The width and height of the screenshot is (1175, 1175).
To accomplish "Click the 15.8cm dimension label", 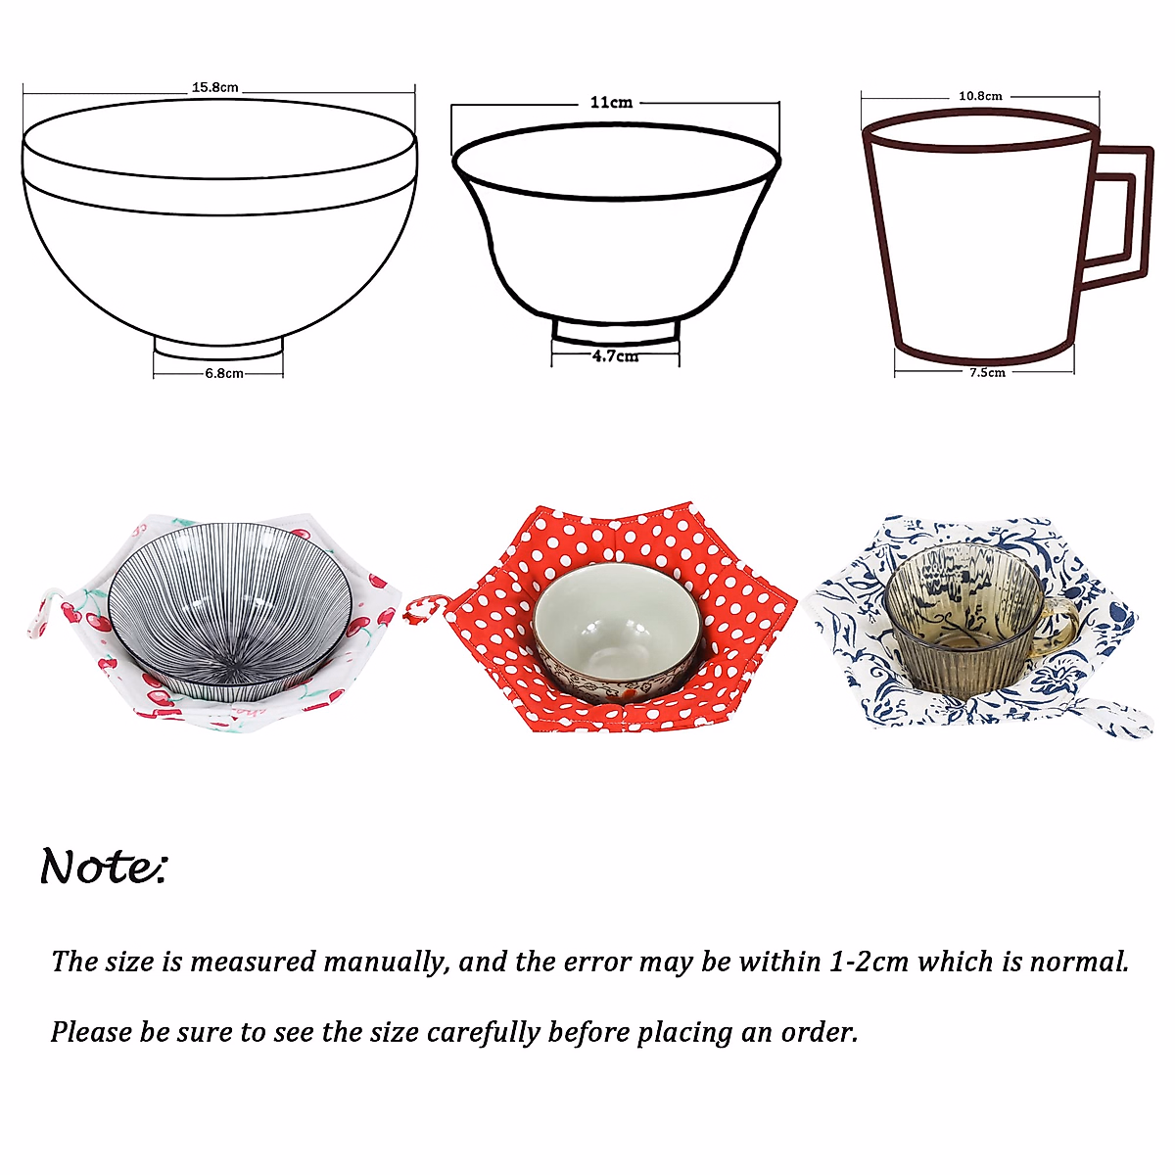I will click(214, 87).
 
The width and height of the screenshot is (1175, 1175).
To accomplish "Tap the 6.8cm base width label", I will click(223, 373).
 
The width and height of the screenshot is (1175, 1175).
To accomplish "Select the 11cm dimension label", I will click(611, 102).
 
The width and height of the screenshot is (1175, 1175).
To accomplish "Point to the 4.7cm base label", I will click(615, 356).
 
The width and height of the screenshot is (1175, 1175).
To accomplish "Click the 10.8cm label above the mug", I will click(980, 96).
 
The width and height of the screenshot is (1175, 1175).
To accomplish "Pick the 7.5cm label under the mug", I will click(987, 372).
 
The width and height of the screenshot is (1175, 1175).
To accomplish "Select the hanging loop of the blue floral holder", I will click(1116, 714).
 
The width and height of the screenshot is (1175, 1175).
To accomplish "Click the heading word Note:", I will click(104, 867).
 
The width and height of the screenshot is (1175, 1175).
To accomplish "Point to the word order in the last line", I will click(818, 1032).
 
